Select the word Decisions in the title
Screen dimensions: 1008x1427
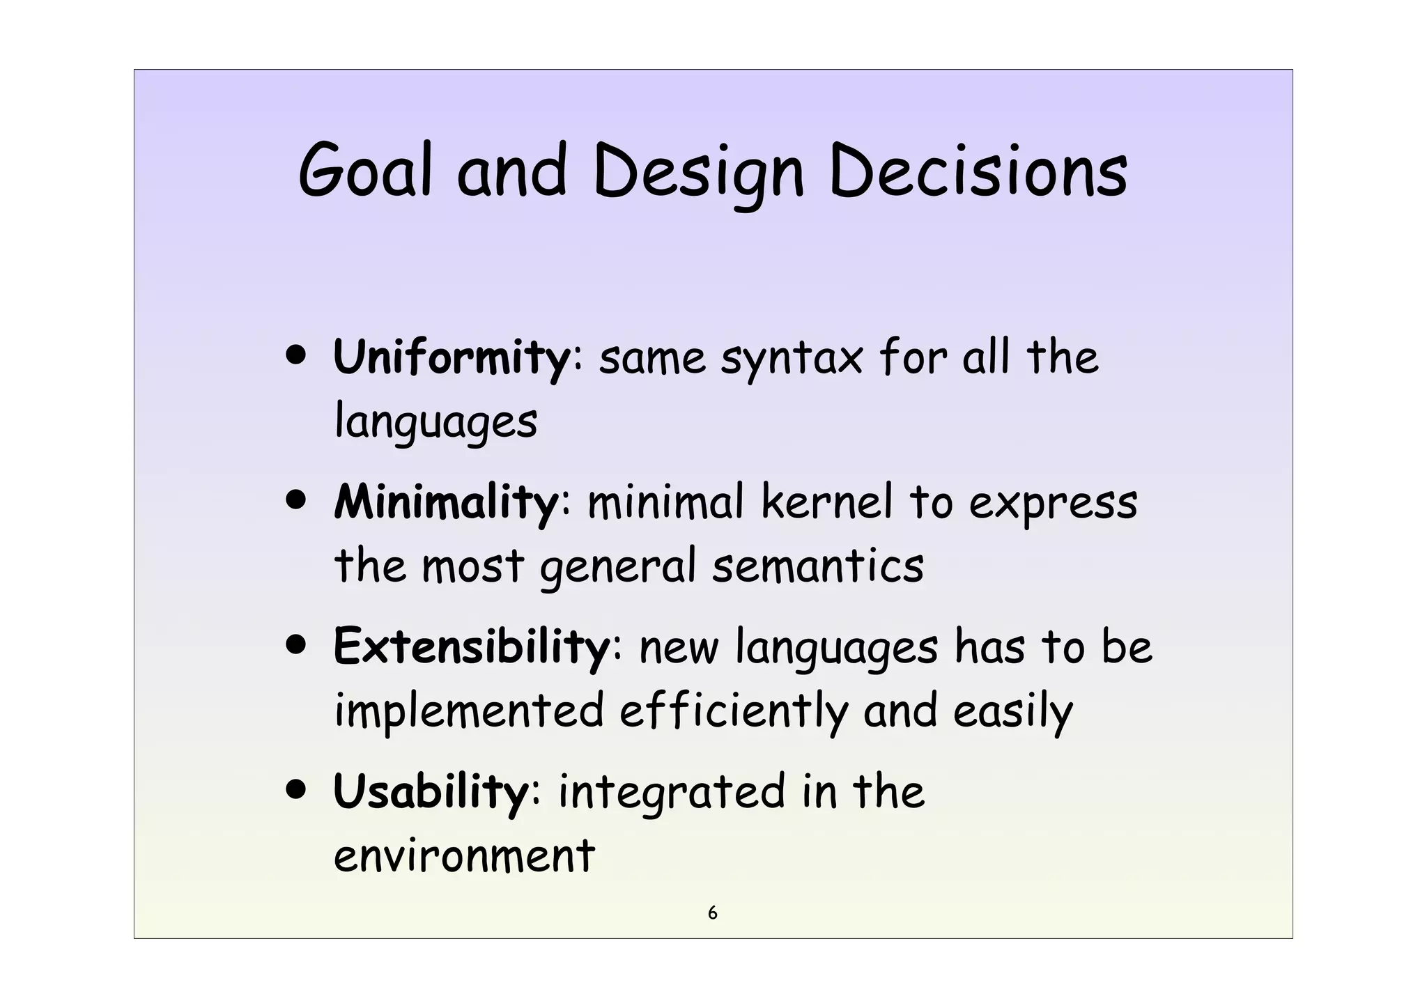tap(978, 171)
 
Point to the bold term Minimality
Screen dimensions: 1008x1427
tap(446, 502)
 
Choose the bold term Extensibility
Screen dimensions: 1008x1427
tap(472, 646)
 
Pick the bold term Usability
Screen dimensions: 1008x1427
tap(431, 792)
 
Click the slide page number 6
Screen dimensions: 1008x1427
tap(712, 913)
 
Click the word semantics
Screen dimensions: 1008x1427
tap(818, 566)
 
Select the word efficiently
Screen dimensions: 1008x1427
tap(734, 712)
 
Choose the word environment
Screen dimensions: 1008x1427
tap(464, 856)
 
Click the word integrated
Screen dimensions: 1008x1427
tap(671, 793)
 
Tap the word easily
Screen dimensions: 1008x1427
tap(1012, 712)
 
